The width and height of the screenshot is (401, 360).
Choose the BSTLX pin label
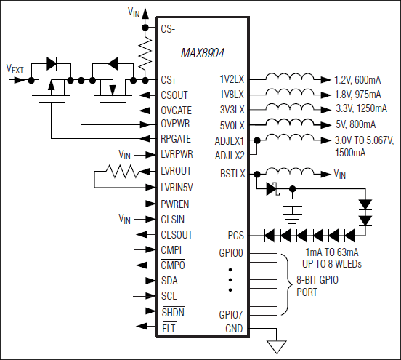(232, 173)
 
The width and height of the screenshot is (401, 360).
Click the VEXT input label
(15, 69)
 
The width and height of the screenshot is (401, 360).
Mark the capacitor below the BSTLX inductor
(293, 210)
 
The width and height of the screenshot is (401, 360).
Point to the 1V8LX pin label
(233, 94)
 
